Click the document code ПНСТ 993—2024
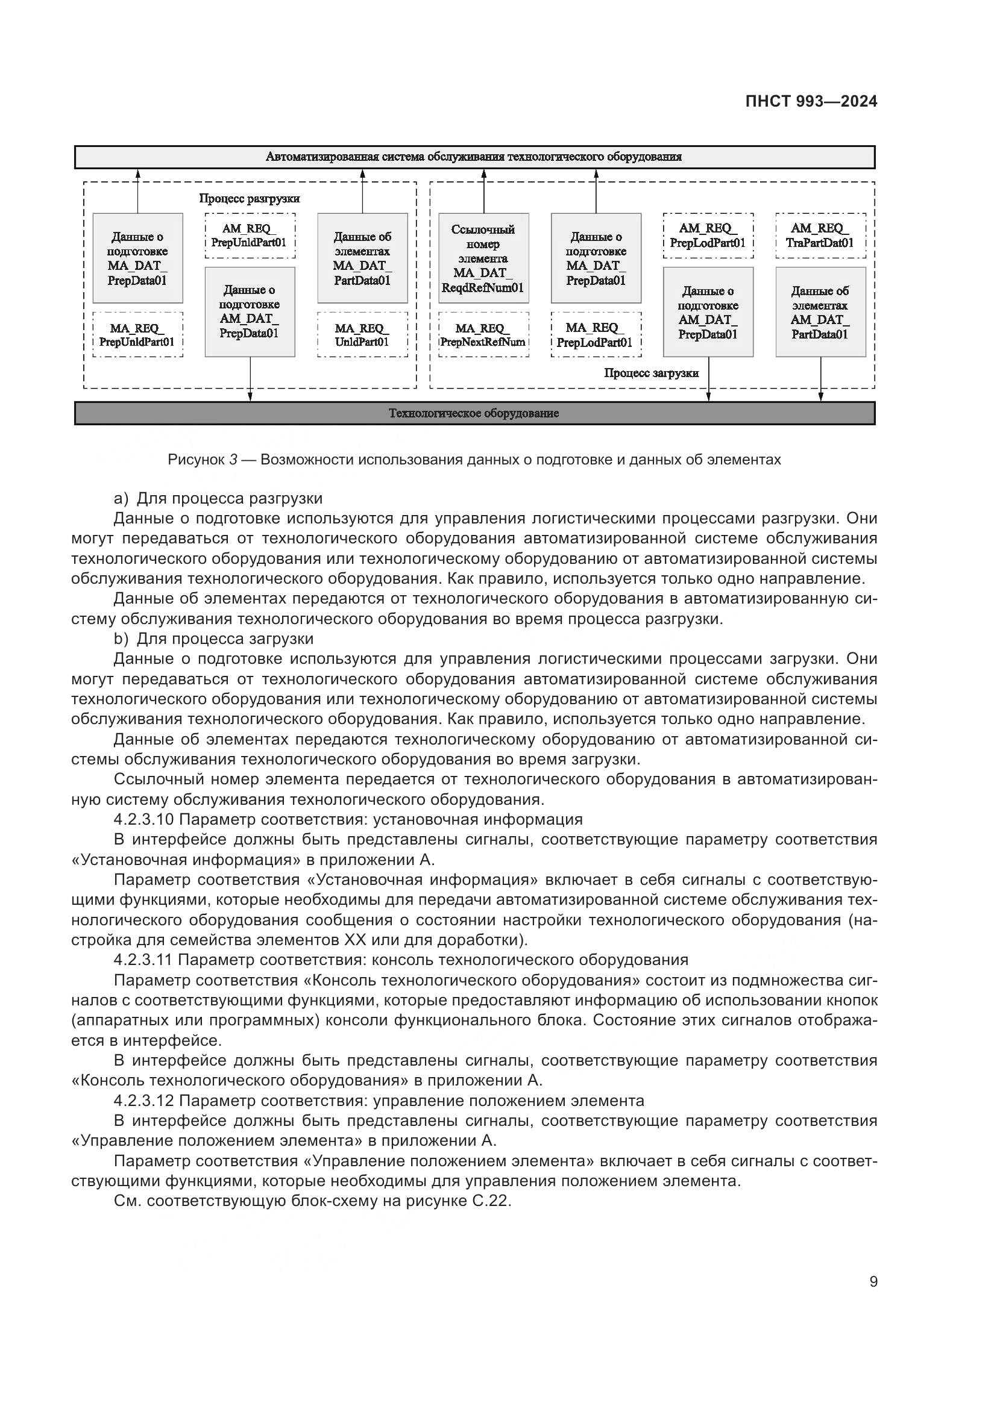811,102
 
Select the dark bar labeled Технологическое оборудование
474,414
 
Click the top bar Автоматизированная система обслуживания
474,157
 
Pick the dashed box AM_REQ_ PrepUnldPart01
250,236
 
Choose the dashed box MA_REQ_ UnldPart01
362,335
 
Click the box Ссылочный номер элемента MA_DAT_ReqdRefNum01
483,258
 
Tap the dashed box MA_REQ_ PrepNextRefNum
483,335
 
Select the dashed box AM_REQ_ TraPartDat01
820,236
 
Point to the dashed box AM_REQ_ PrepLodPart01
708,236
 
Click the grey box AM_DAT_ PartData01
820,312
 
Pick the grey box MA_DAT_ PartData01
362,258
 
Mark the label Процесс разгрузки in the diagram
250,199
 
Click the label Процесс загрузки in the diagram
652,373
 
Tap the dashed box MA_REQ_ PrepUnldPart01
137,335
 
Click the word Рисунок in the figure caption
196,460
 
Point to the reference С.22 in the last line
491,1201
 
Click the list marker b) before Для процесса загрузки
121,639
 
